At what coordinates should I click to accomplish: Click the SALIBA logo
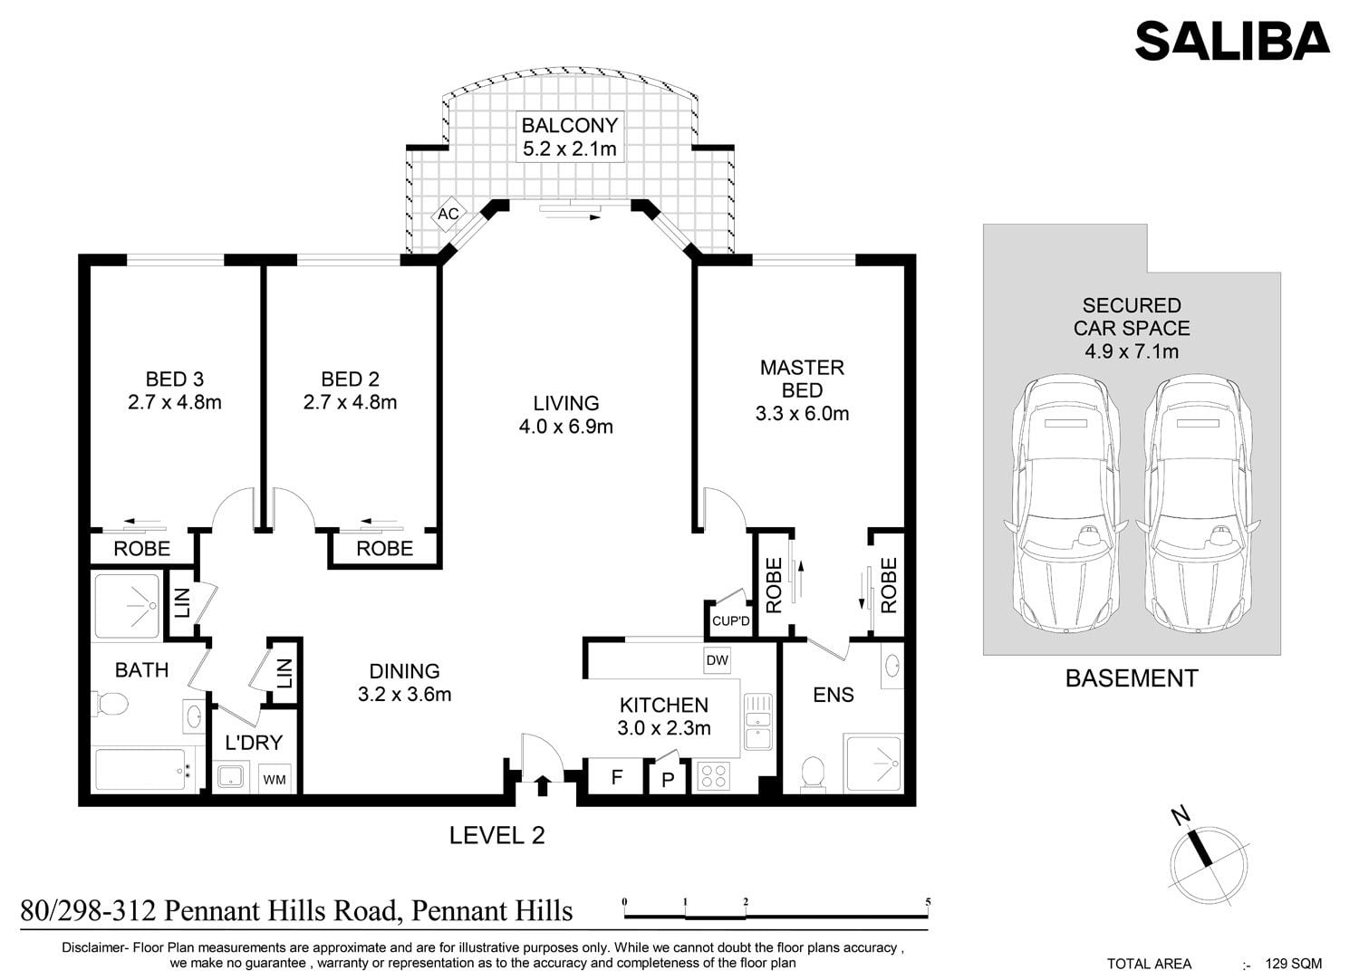[x=1232, y=41]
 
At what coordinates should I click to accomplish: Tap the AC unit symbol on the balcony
[x=448, y=214]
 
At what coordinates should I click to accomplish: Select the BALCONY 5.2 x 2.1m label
[x=570, y=137]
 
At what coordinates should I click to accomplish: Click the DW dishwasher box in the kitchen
[x=718, y=659]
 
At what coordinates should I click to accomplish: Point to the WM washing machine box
[x=275, y=779]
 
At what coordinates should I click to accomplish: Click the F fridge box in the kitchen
[x=616, y=777]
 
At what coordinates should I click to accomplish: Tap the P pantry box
[x=668, y=779]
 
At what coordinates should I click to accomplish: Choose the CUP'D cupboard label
[x=730, y=621]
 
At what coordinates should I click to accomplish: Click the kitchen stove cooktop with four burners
[x=714, y=776]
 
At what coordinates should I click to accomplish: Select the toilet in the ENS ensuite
[x=813, y=774]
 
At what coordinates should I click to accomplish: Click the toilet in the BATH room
[x=110, y=704]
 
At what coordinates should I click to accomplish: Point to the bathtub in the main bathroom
[x=140, y=770]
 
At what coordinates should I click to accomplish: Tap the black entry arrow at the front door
[x=543, y=785]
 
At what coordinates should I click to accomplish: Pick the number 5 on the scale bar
[x=928, y=902]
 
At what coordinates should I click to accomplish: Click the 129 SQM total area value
[x=1294, y=964]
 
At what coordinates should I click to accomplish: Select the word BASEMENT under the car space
[x=1132, y=678]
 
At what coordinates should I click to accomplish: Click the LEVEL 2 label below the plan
[x=496, y=836]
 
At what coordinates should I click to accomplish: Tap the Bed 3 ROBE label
[x=142, y=549]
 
